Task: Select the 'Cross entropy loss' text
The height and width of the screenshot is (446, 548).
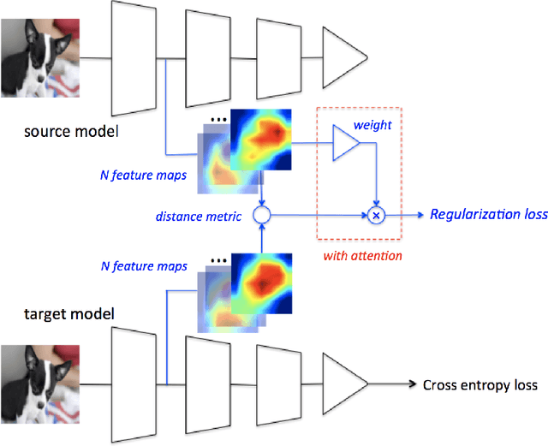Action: coord(480,384)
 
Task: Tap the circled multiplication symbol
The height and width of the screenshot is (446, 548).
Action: coord(375,216)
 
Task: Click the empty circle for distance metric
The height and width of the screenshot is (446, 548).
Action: coord(263,216)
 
